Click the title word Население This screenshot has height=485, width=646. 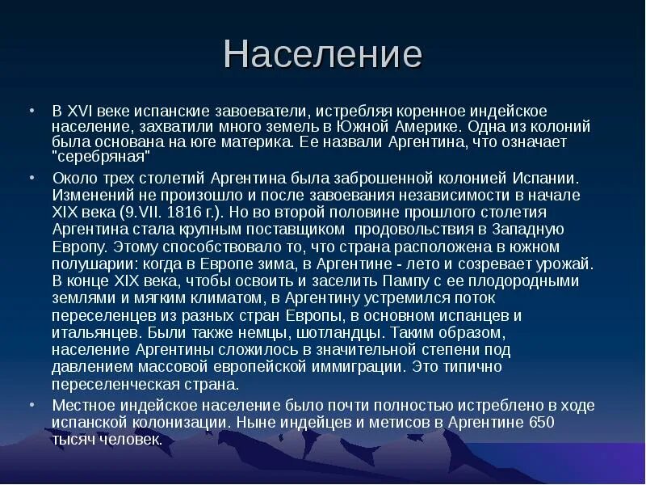coord(322,54)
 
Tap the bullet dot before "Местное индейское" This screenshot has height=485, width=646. coord(31,406)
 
